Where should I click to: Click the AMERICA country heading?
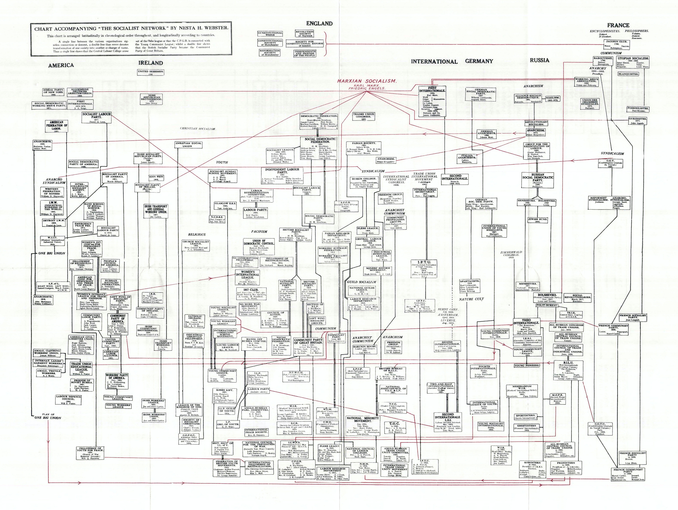click(x=61, y=65)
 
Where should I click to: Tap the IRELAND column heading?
click(x=150, y=63)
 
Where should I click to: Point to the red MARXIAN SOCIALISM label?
click(x=367, y=81)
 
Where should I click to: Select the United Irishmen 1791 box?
click(x=151, y=73)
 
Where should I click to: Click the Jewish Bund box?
click(x=538, y=221)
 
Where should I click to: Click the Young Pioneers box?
click(x=527, y=365)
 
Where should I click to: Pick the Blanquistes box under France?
click(x=628, y=74)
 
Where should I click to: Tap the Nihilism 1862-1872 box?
click(x=553, y=99)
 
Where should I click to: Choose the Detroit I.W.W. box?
click(x=54, y=222)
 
